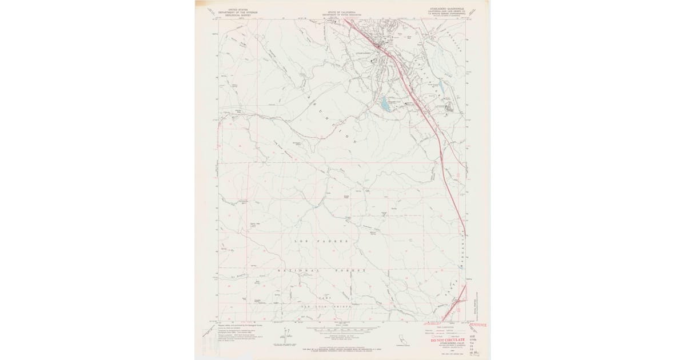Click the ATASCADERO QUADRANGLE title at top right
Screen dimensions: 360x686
pyautogui.click(x=448, y=10)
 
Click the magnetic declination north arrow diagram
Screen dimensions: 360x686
pyautogui.click(x=286, y=334)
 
